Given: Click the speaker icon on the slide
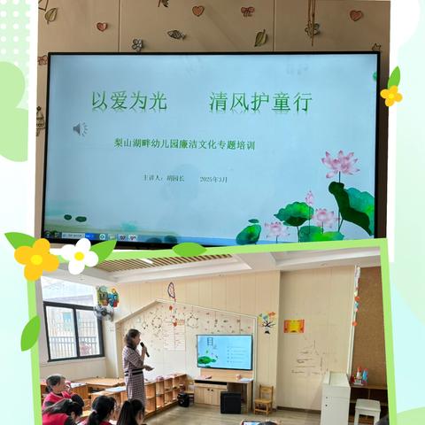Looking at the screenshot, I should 80,129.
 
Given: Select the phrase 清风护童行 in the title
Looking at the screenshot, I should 260,102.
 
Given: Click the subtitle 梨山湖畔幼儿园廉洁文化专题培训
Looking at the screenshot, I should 184,144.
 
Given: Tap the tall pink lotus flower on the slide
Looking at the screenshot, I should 340,163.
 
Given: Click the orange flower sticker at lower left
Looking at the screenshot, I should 36,259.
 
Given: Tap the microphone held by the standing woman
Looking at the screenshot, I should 144,348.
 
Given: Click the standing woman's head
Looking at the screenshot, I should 134,336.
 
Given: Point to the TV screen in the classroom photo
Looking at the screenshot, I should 224,352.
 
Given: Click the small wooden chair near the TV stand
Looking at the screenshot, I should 264,400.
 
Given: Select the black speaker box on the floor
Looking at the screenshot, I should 230,403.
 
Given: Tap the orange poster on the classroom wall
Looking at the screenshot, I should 294,326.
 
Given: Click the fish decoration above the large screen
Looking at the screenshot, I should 177,35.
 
